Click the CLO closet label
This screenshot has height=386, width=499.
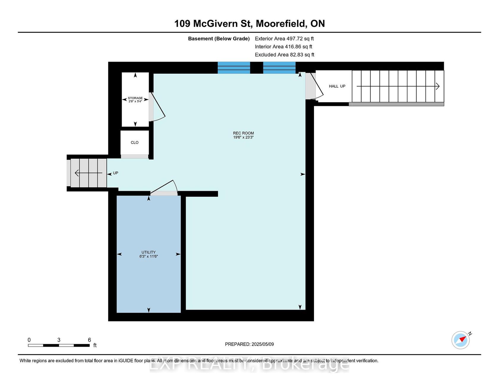tap(135, 143)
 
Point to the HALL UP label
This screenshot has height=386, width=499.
tap(337, 86)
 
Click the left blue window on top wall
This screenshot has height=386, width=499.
tap(234, 68)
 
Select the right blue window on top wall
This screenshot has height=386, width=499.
tap(279, 68)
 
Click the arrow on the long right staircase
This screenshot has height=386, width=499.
tap(398, 86)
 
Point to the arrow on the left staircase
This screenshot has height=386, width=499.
tap(89, 173)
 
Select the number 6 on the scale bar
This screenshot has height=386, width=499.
tap(89, 340)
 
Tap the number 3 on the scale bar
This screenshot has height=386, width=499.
tap(59, 340)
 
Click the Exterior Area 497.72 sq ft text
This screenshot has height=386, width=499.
tap(284, 39)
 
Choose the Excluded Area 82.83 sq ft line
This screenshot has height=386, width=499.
tap(285, 55)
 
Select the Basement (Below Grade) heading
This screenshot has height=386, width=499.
tap(219, 39)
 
